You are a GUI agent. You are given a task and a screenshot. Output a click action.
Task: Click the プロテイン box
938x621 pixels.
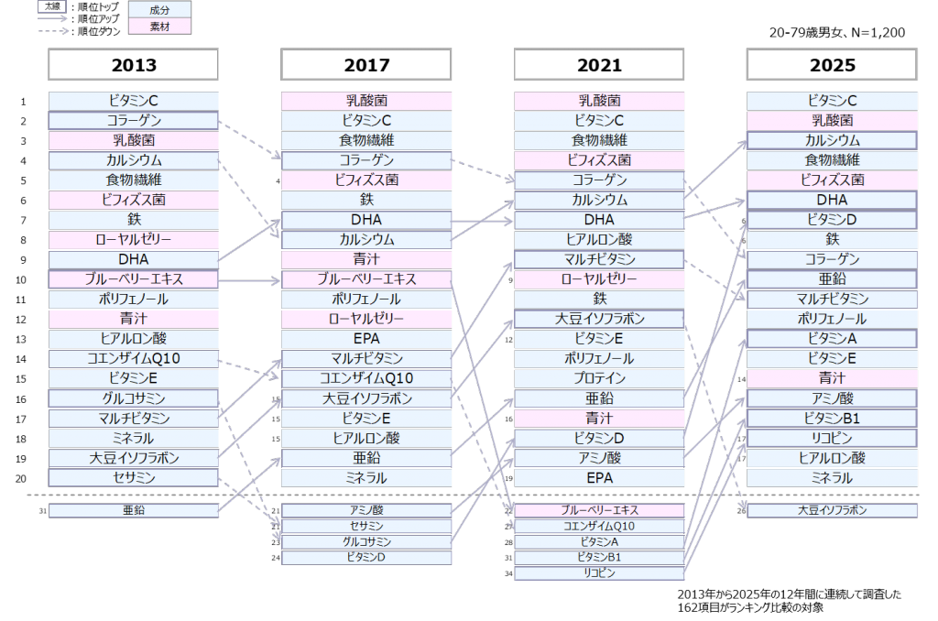pyautogui.click(x=599, y=378)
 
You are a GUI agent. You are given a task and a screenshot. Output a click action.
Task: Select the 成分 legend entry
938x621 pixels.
pyautogui.click(x=159, y=8)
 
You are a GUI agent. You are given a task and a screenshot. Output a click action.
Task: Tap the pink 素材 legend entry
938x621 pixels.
pyautogui.click(x=159, y=26)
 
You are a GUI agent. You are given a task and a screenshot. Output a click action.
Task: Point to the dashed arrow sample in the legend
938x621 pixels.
pyautogui.click(x=53, y=30)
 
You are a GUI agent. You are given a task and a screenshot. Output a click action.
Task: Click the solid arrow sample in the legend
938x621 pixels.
pyautogui.click(x=53, y=17)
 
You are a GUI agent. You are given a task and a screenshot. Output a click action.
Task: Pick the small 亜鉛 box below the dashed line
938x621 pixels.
pyautogui.click(x=134, y=510)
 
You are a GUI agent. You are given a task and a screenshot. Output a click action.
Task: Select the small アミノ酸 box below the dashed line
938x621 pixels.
pyautogui.click(x=366, y=510)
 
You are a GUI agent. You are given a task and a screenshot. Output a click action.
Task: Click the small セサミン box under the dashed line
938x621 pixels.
pyautogui.click(x=366, y=526)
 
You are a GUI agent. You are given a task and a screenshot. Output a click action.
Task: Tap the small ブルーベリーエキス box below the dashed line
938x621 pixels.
pyautogui.click(x=599, y=510)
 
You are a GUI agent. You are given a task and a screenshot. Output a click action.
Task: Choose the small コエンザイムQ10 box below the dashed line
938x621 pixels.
pyautogui.click(x=599, y=526)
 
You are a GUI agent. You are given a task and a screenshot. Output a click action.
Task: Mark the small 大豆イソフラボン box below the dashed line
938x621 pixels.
pyautogui.click(x=833, y=510)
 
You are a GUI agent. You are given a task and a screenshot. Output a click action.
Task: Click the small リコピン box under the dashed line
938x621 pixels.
pyautogui.click(x=599, y=573)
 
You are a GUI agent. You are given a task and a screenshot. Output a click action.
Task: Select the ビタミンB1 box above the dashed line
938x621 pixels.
pyautogui.click(x=833, y=419)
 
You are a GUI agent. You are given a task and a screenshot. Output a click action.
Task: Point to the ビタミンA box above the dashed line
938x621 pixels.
pyautogui.click(x=833, y=339)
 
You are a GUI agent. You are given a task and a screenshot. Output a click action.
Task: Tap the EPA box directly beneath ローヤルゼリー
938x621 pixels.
pyautogui.click(x=366, y=339)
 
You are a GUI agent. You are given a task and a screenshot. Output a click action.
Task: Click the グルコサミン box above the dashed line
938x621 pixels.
pyautogui.click(x=134, y=398)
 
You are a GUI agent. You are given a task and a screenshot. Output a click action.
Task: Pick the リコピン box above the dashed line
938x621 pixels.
pyautogui.click(x=833, y=438)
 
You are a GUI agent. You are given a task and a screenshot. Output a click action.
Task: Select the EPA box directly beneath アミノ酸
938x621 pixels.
pyautogui.click(x=599, y=478)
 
